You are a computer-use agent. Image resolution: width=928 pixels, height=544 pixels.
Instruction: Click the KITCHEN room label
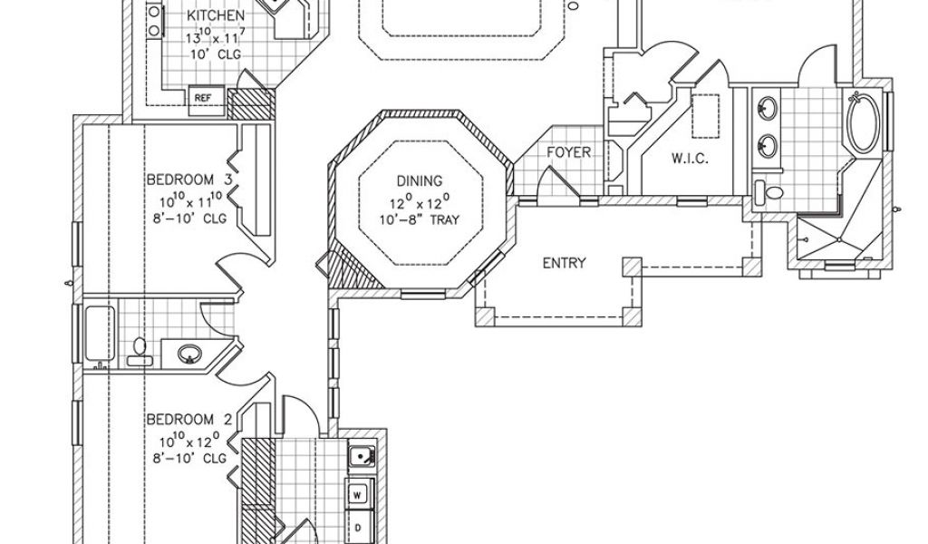tap(215, 16)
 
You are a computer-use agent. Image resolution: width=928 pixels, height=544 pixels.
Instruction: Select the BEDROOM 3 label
tap(189, 180)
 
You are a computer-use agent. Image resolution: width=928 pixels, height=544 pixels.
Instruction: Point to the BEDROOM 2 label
tap(189, 420)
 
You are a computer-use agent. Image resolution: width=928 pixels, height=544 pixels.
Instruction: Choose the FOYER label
tap(568, 153)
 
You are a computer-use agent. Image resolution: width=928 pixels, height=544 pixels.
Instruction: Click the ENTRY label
tap(564, 264)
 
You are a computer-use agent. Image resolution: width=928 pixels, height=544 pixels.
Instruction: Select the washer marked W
tap(358, 495)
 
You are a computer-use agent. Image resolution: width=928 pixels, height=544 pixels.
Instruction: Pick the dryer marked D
tap(358, 527)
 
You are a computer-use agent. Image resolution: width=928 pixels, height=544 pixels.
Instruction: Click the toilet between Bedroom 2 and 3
tap(139, 348)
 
